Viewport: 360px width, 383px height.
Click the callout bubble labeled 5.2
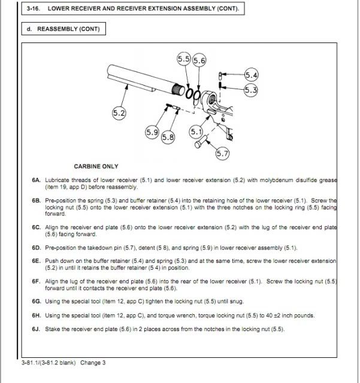[x=119, y=113]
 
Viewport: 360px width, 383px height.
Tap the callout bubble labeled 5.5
[x=184, y=59]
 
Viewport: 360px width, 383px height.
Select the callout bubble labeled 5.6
[x=199, y=60]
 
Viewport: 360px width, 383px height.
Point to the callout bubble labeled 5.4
[x=252, y=75]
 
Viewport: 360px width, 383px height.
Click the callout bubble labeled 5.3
[x=251, y=90]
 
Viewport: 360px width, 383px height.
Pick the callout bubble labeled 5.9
[x=152, y=132]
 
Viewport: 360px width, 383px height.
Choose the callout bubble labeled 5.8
[x=168, y=137]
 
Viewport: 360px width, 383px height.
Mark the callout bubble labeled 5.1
[x=195, y=131]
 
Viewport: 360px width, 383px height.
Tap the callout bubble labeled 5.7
[x=222, y=154]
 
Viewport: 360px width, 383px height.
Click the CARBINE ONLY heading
[x=96, y=166]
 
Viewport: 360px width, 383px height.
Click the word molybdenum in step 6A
[x=280, y=180]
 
